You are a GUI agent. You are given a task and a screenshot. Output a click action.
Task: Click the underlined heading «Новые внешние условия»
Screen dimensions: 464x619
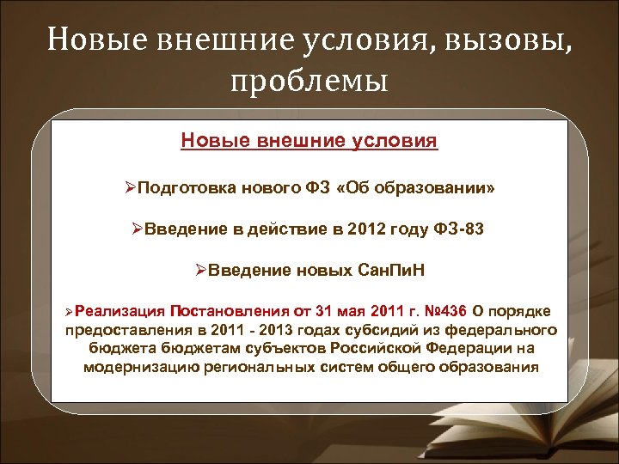[x=309, y=140]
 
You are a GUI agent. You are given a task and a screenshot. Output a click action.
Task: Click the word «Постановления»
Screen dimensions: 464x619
[x=227, y=310]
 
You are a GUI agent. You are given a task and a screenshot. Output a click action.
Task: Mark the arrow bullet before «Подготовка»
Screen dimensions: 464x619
[x=130, y=187]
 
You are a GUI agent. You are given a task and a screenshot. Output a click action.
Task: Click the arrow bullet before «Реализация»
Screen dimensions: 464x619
[x=77, y=310]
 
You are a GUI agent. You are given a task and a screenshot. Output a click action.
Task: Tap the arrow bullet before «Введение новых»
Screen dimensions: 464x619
[x=202, y=272]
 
